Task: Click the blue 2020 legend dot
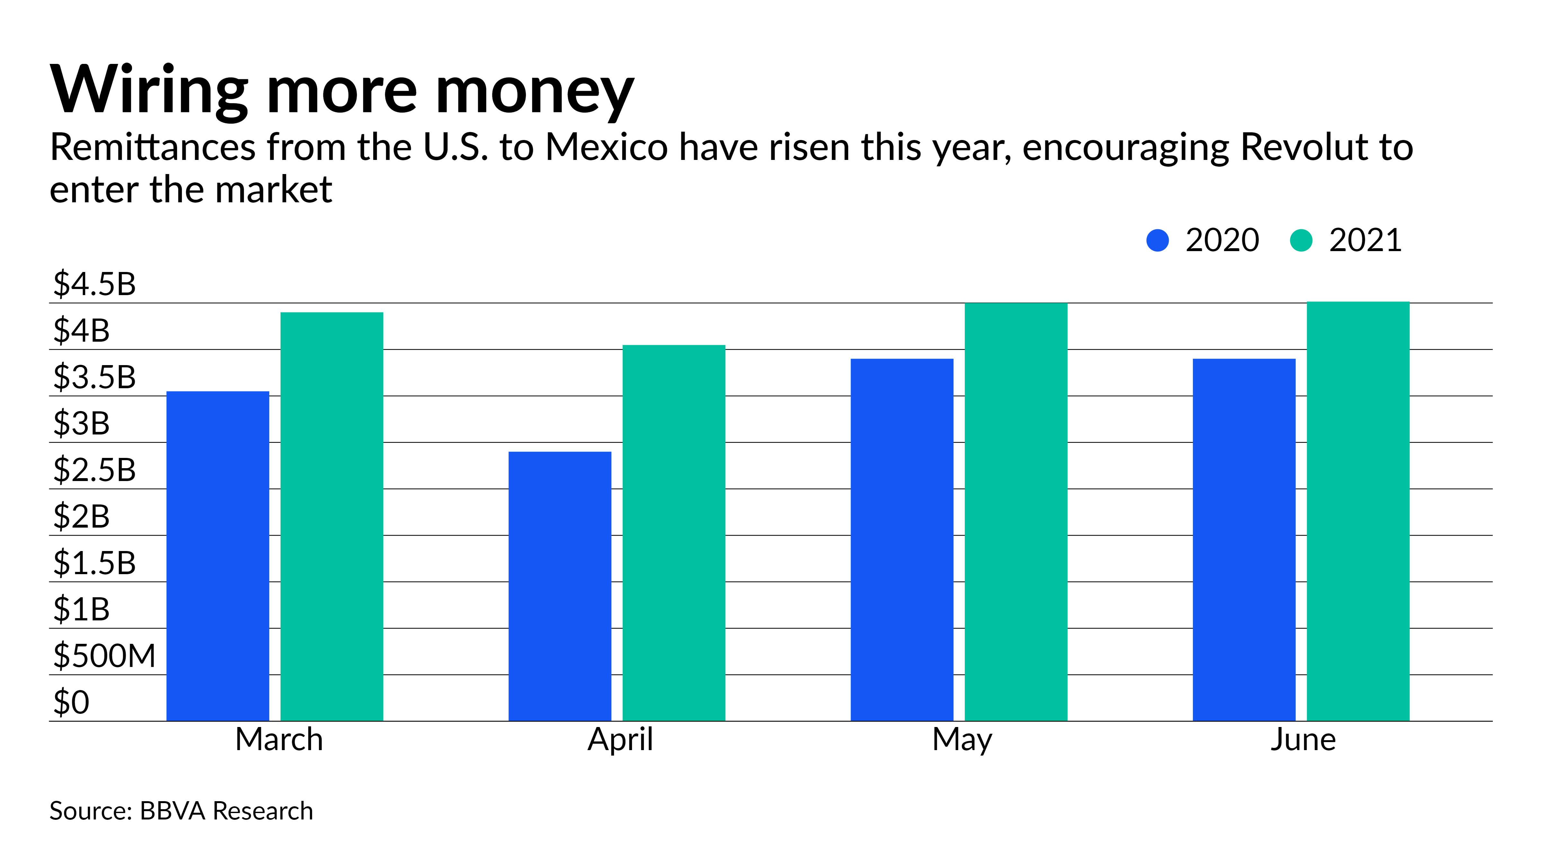point(1158,241)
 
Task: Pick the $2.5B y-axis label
point(94,470)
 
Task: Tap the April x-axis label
point(620,740)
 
